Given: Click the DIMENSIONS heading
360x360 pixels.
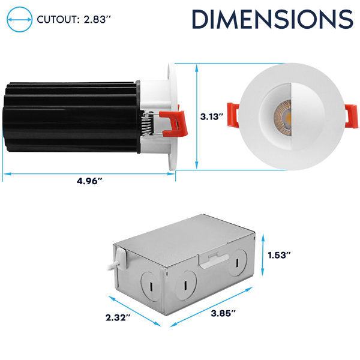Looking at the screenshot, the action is [x=272, y=19].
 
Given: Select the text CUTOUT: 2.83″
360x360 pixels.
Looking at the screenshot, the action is [x=74, y=20].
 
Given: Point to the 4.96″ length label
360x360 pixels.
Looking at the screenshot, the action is [x=89, y=181].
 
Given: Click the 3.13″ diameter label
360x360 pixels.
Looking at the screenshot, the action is [x=212, y=116].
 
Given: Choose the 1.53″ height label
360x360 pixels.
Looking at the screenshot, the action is [x=280, y=255].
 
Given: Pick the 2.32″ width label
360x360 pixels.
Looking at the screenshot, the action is [x=118, y=318].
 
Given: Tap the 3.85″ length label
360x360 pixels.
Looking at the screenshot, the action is [x=223, y=313].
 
